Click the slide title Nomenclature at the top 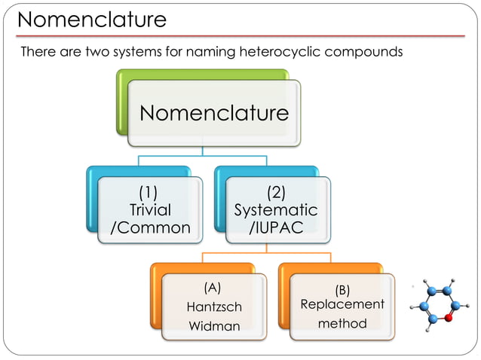pyautogui.click(x=92, y=20)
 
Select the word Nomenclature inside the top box pyautogui.click(x=214, y=113)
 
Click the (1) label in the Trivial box pyautogui.click(x=151, y=193)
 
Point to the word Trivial pyautogui.click(x=151, y=209)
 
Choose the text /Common pyautogui.click(x=151, y=227)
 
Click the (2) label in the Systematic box pyautogui.click(x=276, y=193)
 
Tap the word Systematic pyautogui.click(x=276, y=209)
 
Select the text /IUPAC pyautogui.click(x=276, y=227)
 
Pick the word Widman pyautogui.click(x=214, y=326)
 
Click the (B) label pyautogui.click(x=342, y=288)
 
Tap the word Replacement pyautogui.click(x=342, y=304)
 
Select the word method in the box pyautogui.click(x=342, y=324)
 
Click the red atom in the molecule pyautogui.click(x=449, y=317)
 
